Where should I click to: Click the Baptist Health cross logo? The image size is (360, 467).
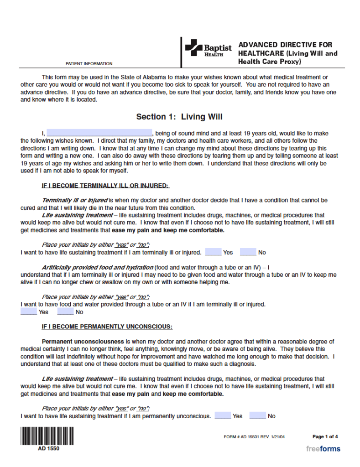pos(193,48)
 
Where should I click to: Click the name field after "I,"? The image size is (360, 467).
pos(99,133)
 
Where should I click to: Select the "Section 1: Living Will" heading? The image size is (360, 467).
pos(179,117)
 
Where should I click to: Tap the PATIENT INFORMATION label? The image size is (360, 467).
pos(89,64)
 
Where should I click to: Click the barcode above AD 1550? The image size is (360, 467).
pos(47,436)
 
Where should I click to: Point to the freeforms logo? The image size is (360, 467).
pos(323,449)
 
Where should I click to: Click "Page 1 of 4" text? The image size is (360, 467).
pos(325,436)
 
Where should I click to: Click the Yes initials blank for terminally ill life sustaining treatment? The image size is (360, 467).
pos(213,252)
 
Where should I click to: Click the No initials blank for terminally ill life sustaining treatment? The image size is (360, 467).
pos(248,252)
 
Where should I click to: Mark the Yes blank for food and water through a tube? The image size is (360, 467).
pos(28,312)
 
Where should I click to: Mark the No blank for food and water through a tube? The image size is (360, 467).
pos(65,312)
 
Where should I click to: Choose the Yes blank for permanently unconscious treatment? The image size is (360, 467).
pos(223,416)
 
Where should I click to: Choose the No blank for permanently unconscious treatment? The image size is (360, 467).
pos(257,416)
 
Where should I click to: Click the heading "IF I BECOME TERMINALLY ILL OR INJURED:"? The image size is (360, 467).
pos(105,186)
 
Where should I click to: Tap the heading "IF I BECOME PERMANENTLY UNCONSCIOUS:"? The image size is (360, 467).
pos(107,327)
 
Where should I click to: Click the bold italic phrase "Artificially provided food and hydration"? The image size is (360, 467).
pos(98,267)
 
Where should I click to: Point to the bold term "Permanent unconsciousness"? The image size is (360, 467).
pos(83,341)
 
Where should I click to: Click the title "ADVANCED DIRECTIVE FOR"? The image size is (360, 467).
pos(285,45)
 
